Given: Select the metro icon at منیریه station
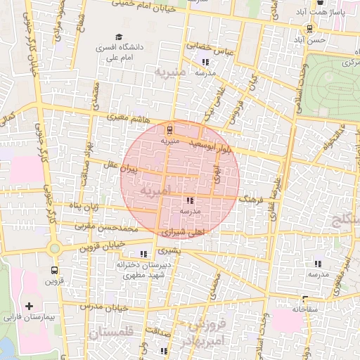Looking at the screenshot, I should point(169,129).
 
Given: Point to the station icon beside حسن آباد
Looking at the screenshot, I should point(310,28).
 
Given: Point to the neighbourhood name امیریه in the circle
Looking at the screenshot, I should point(155,191).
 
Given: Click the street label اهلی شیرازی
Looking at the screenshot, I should point(181,231).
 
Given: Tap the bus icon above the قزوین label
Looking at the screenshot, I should point(55,269).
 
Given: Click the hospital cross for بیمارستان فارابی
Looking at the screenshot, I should point(29,306).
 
